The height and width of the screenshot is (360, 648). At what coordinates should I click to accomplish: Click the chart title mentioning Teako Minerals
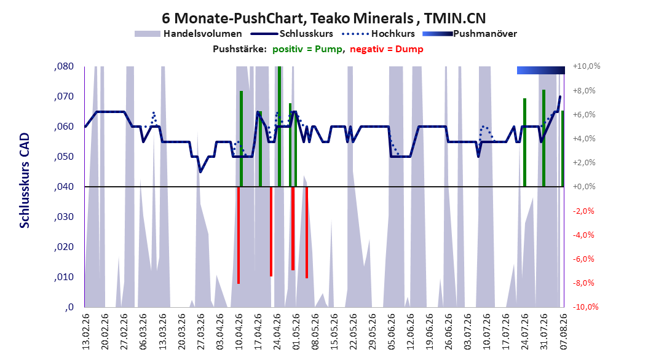[323, 18]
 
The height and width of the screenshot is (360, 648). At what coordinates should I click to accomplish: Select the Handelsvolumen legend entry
[189, 34]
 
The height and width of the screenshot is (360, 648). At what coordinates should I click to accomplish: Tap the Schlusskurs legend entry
[292, 34]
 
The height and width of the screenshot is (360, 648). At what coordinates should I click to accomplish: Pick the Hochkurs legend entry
[378, 34]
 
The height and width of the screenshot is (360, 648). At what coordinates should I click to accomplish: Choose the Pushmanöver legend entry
[470, 34]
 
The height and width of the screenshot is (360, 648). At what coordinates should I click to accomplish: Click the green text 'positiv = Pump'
[307, 49]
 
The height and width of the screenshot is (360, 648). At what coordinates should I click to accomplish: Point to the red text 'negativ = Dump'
[387, 49]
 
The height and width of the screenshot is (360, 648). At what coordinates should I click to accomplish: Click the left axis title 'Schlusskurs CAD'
[25, 180]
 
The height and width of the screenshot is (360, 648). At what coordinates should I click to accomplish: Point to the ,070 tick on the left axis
[64, 96]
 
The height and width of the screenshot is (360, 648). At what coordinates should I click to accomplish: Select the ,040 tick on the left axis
[64, 187]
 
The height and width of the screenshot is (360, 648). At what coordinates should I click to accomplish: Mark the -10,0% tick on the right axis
[585, 307]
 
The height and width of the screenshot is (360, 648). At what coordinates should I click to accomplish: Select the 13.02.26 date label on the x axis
[86, 332]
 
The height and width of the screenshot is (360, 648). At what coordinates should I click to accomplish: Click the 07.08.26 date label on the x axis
[563, 332]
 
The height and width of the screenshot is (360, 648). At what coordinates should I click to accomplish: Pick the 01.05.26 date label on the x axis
[296, 332]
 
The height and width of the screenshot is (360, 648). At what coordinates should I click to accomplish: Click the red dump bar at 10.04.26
[239, 235]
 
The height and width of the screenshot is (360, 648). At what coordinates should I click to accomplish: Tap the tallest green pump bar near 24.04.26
[279, 127]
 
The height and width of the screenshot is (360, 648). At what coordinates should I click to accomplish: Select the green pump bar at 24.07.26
[525, 143]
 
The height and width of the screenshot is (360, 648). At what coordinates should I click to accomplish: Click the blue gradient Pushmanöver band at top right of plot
[541, 70]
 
